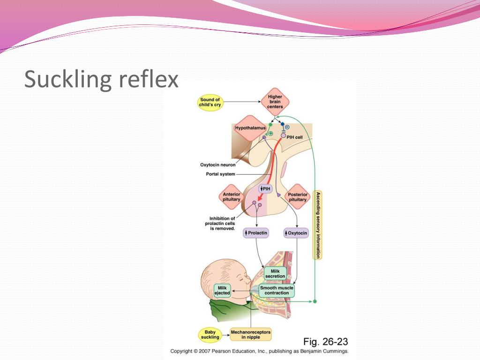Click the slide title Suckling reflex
101,79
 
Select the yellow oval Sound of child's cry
210,102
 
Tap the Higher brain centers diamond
275,102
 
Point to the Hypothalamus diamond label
250,127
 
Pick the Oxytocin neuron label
217,165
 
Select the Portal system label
220,174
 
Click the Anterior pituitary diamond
231,197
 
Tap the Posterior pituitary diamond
298,197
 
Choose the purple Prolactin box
256,232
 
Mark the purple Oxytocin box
296,232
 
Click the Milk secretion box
275,273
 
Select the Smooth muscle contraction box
277,290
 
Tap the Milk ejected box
223,290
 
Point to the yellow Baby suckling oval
210,335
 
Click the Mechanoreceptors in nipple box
251,335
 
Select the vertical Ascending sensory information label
318,225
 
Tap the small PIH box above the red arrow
266,188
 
